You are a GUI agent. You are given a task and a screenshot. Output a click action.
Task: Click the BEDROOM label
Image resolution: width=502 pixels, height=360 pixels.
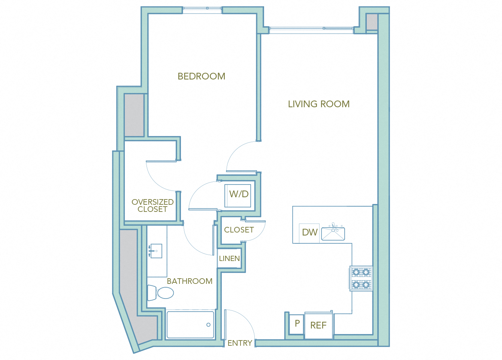(201, 76)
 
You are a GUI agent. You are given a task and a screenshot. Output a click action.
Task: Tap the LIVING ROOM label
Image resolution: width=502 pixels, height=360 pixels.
(318, 104)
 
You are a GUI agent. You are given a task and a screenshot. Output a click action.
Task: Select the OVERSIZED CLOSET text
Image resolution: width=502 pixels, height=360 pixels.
(152, 205)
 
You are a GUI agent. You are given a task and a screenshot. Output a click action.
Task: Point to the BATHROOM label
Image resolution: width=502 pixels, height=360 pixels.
(190, 281)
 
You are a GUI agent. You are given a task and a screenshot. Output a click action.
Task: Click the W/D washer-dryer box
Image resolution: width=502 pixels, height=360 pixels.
(239, 194)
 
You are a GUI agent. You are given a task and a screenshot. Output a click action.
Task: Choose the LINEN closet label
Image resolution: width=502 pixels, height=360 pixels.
(229, 258)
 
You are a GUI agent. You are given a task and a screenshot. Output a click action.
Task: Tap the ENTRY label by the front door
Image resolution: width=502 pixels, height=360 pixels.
(240, 343)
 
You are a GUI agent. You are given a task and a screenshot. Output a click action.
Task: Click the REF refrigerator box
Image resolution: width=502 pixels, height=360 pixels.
(318, 325)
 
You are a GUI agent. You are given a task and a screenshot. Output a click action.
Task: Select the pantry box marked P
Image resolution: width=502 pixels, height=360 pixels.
(297, 323)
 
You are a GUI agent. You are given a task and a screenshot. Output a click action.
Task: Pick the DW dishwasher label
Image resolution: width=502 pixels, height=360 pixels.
(309, 232)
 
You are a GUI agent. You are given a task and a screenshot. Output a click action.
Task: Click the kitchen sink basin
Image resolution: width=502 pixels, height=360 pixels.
(333, 233)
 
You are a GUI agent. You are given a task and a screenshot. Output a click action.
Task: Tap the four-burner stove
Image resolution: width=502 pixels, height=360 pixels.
(361, 279)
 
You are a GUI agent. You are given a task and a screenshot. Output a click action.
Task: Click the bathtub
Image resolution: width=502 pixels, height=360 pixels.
(190, 325)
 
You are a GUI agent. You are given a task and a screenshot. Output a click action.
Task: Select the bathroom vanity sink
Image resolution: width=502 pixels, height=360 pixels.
(155, 251)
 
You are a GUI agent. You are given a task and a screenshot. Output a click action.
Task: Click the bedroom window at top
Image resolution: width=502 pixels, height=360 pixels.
(202, 10)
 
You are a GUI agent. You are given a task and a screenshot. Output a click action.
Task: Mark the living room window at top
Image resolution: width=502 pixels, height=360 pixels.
(311, 30)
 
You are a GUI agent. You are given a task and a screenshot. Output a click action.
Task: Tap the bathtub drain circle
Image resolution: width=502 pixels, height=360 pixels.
(208, 325)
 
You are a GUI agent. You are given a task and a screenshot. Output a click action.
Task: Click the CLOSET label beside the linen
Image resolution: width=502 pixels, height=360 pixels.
(239, 230)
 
